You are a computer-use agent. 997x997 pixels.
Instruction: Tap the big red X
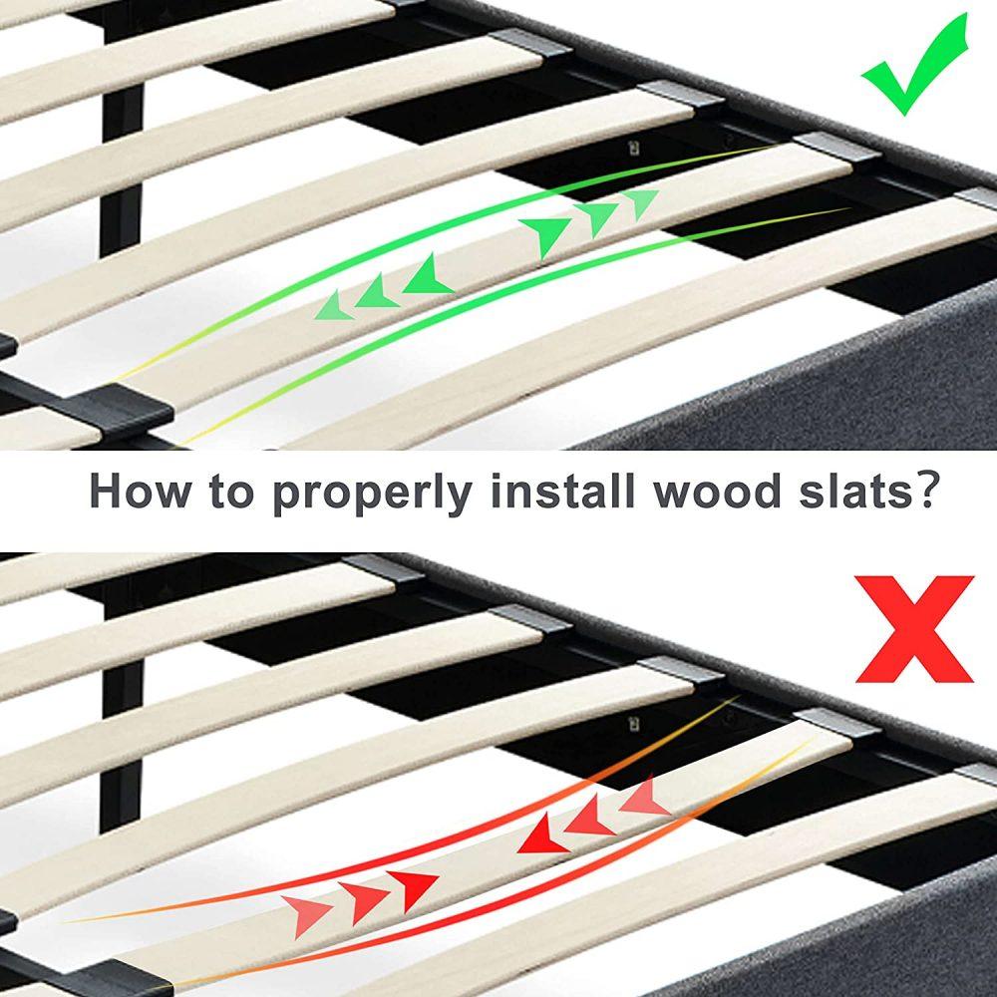pyautogui.click(x=914, y=629)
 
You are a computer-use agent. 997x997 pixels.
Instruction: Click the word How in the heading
pyautogui.click(x=140, y=490)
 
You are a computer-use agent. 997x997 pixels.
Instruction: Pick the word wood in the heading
pyautogui.click(x=717, y=490)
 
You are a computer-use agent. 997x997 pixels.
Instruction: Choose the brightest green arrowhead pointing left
pyautogui.click(x=428, y=275)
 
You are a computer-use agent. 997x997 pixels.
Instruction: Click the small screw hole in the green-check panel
pyautogui.click(x=633, y=148)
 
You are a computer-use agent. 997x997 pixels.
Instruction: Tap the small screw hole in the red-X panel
pyautogui.click(x=633, y=724)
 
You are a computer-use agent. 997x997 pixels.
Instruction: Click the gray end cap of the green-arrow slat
pyautogui.click(x=836, y=148)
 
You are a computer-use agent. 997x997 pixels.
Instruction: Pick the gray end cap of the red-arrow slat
pyautogui.click(x=836, y=723)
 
